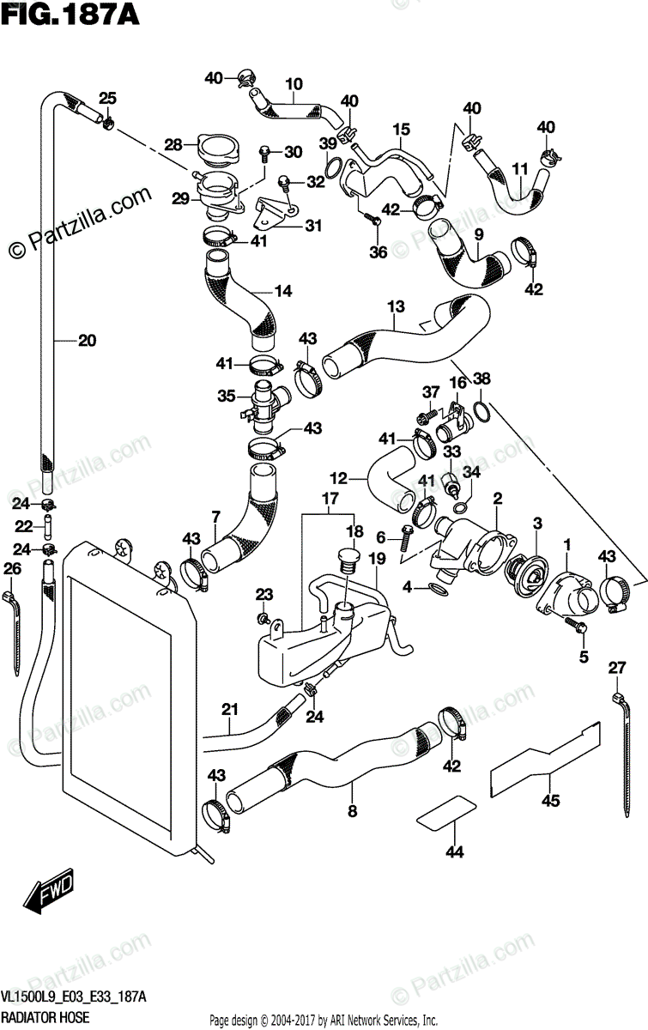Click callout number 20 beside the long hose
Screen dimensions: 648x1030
[87, 341]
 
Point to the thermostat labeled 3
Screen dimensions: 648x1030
[525, 575]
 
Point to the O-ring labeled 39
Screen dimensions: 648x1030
[333, 168]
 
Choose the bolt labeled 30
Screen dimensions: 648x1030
[265, 154]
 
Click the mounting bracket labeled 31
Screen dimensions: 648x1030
[275, 213]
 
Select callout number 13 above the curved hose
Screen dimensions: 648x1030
[396, 306]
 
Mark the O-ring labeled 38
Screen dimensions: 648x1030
[481, 411]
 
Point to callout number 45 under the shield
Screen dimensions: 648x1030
[550, 801]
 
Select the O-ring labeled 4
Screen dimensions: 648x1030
[438, 590]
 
